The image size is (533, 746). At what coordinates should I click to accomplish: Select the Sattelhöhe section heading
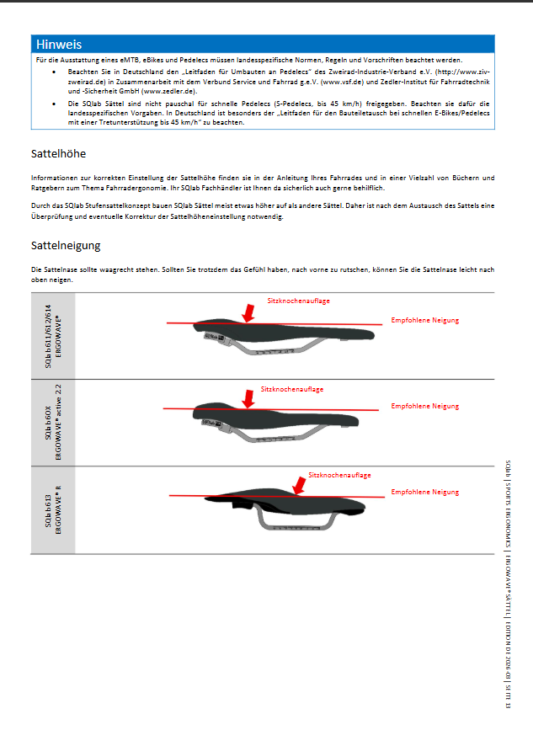[58, 155]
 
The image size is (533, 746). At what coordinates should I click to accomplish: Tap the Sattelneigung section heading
[66, 246]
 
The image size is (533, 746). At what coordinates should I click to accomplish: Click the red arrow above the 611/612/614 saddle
[248, 313]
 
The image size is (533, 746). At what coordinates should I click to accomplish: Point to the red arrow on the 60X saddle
[248, 399]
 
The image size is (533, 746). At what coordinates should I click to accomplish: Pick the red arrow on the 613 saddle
[298, 485]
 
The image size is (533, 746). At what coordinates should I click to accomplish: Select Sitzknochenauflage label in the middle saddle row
[291, 390]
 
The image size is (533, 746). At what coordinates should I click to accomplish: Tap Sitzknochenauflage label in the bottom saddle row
[339, 476]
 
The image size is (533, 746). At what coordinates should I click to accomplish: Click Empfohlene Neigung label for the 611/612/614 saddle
[424, 321]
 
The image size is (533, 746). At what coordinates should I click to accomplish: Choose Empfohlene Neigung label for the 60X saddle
[424, 407]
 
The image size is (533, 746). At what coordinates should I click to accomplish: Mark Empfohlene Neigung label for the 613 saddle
[424, 492]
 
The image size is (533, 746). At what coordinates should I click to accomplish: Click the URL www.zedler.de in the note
[168, 90]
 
